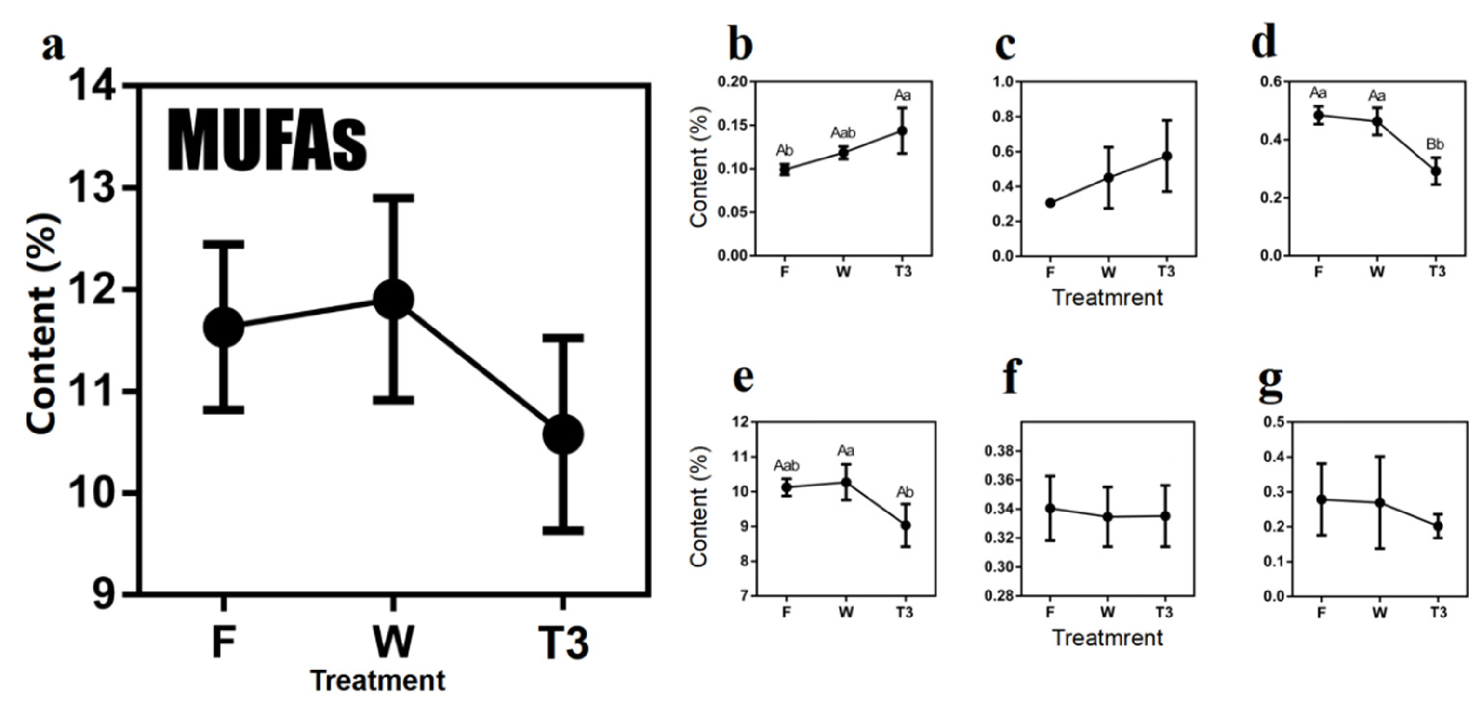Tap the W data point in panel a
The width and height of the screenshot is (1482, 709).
click(x=393, y=299)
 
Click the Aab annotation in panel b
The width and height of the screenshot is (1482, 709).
click(x=843, y=133)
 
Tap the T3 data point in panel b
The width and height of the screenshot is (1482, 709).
click(x=902, y=131)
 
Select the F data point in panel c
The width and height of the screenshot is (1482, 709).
click(x=1050, y=203)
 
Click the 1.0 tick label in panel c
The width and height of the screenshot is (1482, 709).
click(x=1003, y=82)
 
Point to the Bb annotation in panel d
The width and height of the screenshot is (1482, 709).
click(x=1435, y=145)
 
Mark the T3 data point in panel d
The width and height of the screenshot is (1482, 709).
click(x=1436, y=171)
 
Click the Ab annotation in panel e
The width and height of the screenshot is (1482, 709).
click(x=905, y=492)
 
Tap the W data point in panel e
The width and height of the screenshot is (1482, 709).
click(x=846, y=483)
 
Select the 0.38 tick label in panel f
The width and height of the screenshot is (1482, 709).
click(x=1001, y=451)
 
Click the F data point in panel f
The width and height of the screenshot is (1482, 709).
click(x=1050, y=508)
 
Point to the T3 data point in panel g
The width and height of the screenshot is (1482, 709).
click(x=1438, y=525)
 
